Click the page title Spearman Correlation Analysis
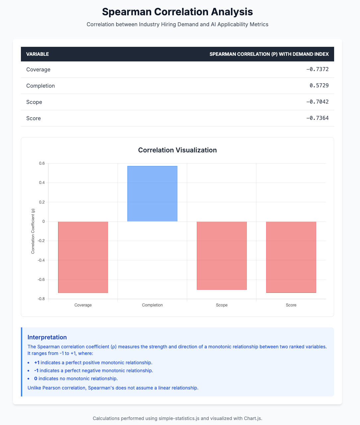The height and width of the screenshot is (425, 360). [177, 12]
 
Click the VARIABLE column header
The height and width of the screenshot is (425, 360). [37, 54]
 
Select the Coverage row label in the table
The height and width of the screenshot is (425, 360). [38, 69]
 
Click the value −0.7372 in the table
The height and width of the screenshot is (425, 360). [317, 69]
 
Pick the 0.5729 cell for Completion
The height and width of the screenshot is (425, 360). [319, 86]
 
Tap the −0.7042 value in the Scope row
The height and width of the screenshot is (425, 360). [317, 102]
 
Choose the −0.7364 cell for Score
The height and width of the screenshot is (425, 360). [317, 118]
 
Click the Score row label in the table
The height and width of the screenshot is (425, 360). [34, 118]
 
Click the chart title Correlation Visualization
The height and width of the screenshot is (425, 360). [177, 150]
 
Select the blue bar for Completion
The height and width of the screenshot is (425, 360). [152, 194]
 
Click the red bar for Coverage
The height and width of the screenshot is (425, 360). [83, 257]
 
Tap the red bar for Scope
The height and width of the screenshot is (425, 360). [222, 256]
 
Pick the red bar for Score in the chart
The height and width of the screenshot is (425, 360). [291, 257]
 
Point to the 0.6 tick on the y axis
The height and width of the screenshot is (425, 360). [41, 163]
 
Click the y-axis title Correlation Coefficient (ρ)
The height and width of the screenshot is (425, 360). [33, 231]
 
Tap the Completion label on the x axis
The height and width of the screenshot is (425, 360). [152, 305]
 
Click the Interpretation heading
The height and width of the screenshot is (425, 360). [47, 337]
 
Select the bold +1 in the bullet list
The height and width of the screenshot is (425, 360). [36, 363]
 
